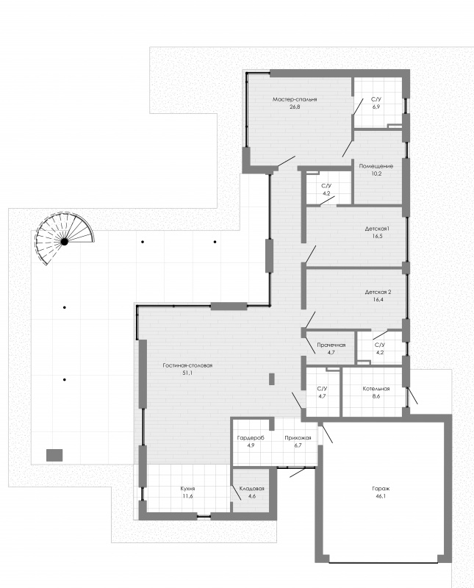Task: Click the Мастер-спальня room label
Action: pyautogui.click(x=295, y=99)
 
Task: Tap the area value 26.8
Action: pyautogui.click(x=295, y=107)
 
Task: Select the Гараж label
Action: pyautogui.click(x=381, y=489)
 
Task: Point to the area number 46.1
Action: pyautogui.click(x=381, y=495)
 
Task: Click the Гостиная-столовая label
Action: pyautogui.click(x=187, y=365)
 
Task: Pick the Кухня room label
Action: pyautogui.click(x=187, y=489)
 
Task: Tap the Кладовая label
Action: pyautogui.click(x=251, y=489)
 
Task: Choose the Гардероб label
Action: pyautogui.click(x=251, y=437)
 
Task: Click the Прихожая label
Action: pyautogui.click(x=298, y=437)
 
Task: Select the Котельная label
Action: pyautogui.click(x=376, y=389)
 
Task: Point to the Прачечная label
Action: pyautogui.click(x=331, y=345)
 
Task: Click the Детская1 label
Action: pyautogui.click(x=378, y=229)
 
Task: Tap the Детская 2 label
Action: pyautogui.click(x=378, y=292)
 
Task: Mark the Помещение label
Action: pyautogui.click(x=376, y=166)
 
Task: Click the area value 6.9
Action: pyautogui.click(x=376, y=107)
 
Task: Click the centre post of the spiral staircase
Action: pyautogui.click(x=65, y=242)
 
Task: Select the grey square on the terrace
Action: pyautogui.click(x=54, y=455)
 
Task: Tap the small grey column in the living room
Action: pyautogui.click(x=272, y=379)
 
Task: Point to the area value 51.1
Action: pyautogui.click(x=187, y=373)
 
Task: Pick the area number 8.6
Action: pyautogui.click(x=376, y=395)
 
